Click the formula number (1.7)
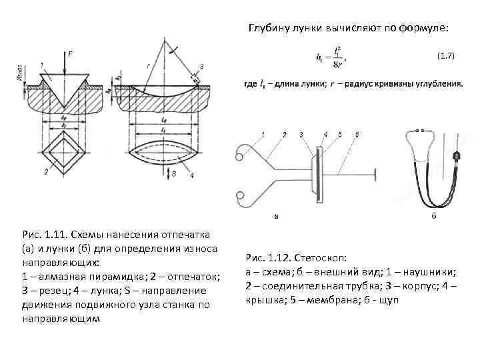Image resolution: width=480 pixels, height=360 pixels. click(x=445, y=57)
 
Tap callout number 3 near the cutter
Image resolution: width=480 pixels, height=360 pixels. click(x=201, y=66)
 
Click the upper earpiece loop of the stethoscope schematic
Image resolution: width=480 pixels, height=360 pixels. click(x=238, y=156)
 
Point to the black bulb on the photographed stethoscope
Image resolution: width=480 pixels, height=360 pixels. click(x=456, y=157)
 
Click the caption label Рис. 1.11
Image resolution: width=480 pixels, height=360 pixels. click(x=43, y=235)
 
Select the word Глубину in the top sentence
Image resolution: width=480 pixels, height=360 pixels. click(x=269, y=29)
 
